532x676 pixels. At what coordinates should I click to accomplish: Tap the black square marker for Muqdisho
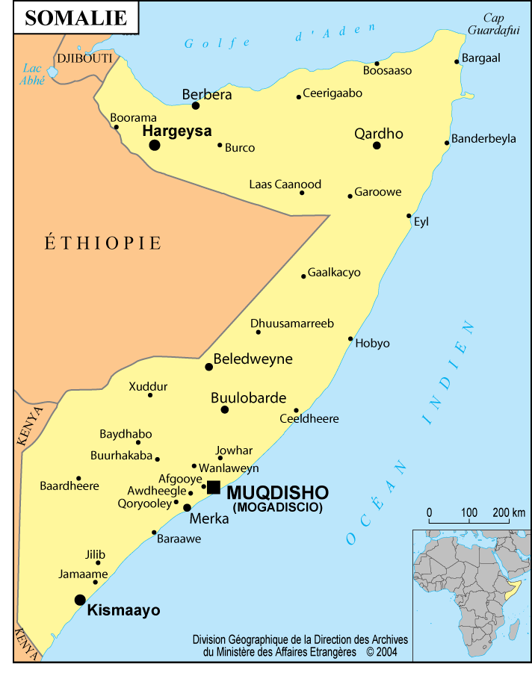tap(213, 487)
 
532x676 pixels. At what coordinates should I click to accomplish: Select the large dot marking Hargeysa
tap(155, 145)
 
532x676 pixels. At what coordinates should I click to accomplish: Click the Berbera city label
tap(207, 95)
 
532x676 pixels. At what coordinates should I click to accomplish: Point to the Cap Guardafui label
tap(493, 24)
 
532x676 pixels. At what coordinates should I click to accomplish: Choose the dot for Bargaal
tap(457, 62)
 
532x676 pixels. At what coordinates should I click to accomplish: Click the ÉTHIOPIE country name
tap(103, 243)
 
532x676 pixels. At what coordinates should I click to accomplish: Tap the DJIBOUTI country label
tap(84, 58)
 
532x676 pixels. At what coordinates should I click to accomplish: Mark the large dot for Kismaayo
tap(80, 599)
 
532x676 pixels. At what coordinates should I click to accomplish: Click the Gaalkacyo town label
tap(334, 273)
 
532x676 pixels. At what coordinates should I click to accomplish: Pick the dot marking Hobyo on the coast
tap(350, 338)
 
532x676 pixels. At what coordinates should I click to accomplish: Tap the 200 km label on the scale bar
tap(508, 512)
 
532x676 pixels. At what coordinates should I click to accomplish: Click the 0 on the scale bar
tap(430, 512)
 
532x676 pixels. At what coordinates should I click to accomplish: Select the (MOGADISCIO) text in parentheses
tap(278, 507)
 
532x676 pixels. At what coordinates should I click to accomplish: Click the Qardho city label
tap(378, 134)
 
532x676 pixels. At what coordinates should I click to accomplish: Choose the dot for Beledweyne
tap(208, 367)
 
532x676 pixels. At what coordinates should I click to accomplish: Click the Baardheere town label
tap(69, 486)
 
